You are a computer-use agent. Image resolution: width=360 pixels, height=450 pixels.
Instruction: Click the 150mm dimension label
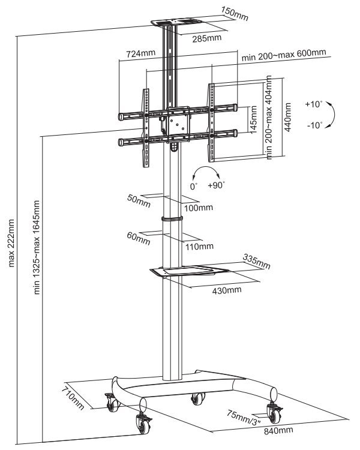235,13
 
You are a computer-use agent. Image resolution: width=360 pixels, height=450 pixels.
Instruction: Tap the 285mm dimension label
206,38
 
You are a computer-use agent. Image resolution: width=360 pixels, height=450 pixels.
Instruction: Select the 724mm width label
140,53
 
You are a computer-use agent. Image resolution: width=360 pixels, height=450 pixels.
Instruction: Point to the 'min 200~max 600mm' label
284,55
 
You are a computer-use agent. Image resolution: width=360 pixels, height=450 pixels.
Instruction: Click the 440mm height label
287,117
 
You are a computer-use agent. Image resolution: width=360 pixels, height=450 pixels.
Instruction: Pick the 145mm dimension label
253,119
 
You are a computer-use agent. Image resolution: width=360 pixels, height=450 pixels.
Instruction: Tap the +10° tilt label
314,104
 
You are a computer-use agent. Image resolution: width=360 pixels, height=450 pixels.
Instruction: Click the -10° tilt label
315,125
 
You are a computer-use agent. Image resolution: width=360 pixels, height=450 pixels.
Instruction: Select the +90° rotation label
217,185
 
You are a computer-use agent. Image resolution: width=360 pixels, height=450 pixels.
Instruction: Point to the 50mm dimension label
139,200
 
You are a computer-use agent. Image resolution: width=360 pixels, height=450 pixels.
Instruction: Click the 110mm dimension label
199,246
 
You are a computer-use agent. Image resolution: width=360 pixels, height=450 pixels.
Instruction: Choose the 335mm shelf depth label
257,262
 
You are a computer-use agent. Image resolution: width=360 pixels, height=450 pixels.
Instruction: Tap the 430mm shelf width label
227,290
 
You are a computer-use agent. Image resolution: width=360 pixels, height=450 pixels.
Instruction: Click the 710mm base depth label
73,398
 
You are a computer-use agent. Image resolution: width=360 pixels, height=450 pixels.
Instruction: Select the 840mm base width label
278,430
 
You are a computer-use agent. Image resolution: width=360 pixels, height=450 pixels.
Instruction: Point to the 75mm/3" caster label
244,417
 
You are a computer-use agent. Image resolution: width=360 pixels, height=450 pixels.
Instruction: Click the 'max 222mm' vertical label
11,243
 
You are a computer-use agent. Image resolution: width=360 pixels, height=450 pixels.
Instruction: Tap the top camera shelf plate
176,22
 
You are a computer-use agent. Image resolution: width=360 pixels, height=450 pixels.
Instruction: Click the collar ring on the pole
172,218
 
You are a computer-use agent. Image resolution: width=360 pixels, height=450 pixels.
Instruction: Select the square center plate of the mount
178,125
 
